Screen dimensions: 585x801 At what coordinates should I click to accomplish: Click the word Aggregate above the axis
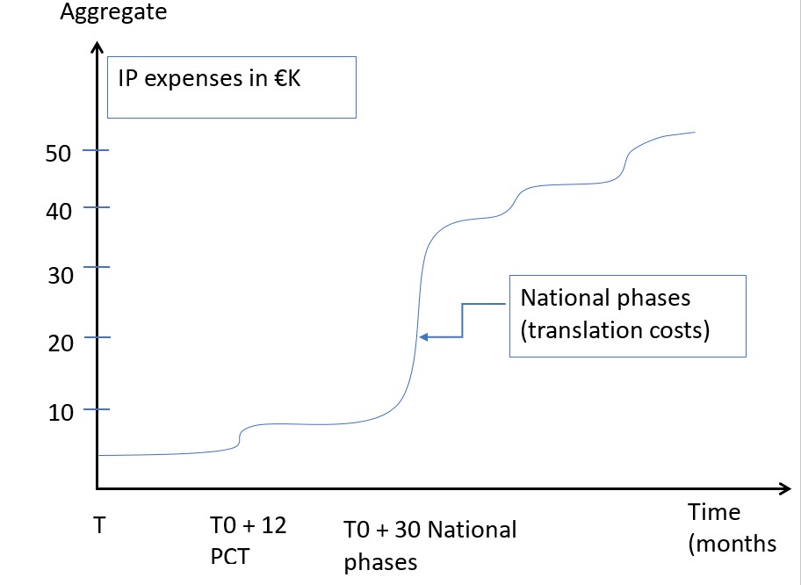pyautogui.click(x=113, y=13)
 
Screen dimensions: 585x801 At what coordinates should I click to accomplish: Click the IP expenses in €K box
pyautogui.click(x=231, y=87)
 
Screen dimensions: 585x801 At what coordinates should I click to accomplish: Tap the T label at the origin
pyautogui.click(x=99, y=525)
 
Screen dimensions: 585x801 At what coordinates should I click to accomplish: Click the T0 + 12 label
pyautogui.click(x=248, y=525)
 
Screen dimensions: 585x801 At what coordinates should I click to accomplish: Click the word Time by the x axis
pyautogui.click(x=713, y=512)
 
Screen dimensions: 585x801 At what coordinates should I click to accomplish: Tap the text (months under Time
pyautogui.click(x=732, y=544)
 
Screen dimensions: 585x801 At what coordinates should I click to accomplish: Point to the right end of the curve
pyautogui.click(x=695, y=132)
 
